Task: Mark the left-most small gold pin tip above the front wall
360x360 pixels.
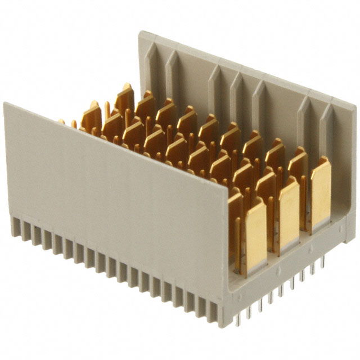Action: click(61, 121)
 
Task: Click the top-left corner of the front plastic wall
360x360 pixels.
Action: click(4, 103)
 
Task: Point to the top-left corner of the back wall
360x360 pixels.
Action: click(140, 32)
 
